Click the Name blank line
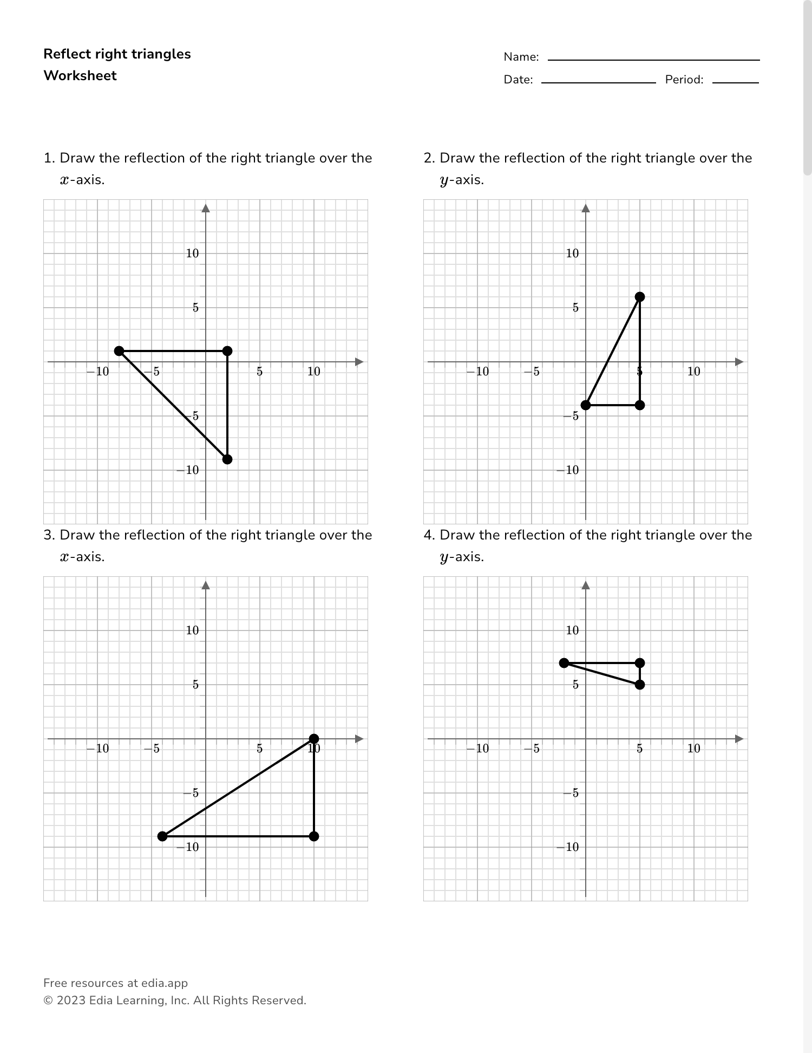click(x=653, y=59)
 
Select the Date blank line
click(x=598, y=82)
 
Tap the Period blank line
click(x=735, y=82)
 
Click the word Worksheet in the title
click(x=80, y=76)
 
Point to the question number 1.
click(x=49, y=158)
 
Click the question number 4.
click(x=429, y=535)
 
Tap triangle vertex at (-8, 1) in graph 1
click(x=119, y=351)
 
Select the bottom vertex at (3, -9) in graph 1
click(x=227, y=459)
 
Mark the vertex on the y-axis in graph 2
click(x=586, y=405)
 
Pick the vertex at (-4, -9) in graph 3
click(x=162, y=836)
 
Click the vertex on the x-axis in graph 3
click(x=314, y=739)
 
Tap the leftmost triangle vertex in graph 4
click(x=564, y=663)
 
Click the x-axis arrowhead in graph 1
click(x=358, y=362)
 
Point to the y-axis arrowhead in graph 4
click(x=586, y=586)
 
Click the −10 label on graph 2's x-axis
click(x=477, y=372)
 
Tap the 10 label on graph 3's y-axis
click(x=193, y=630)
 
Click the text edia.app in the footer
click(x=165, y=983)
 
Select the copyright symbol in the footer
click(x=48, y=1000)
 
